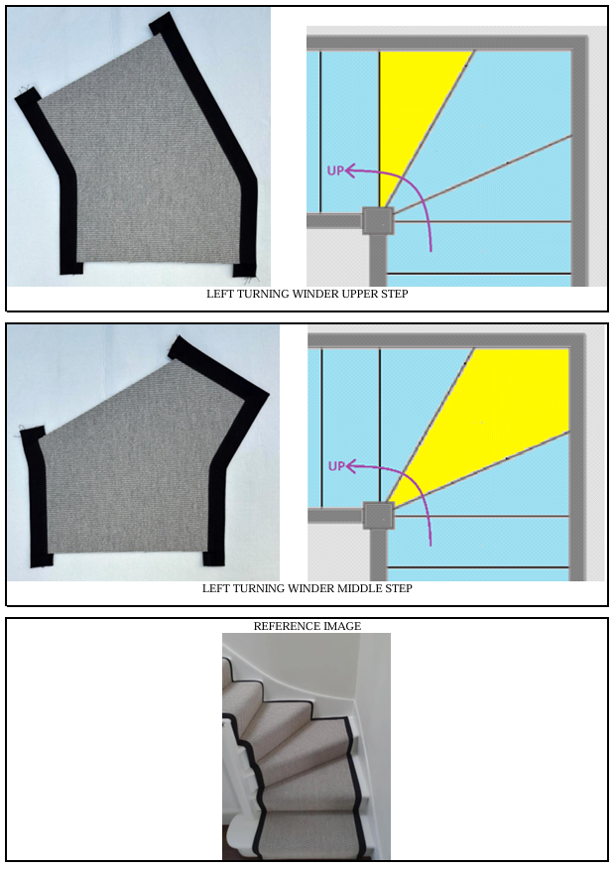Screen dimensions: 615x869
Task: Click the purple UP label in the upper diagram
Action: coord(335,171)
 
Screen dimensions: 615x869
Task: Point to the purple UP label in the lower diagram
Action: coord(335,465)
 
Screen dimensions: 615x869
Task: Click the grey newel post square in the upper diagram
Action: coord(378,221)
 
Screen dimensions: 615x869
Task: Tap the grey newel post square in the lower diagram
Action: coord(378,516)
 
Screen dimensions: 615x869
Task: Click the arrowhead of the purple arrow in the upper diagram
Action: coord(349,171)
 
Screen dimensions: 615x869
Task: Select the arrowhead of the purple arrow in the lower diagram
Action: coord(349,466)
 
